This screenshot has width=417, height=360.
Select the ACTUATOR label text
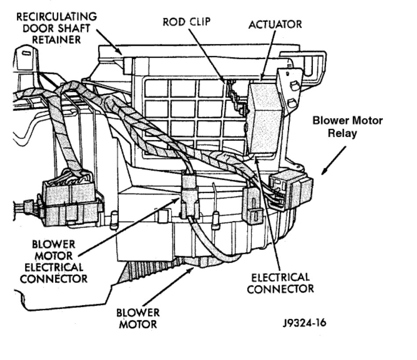pos(275,24)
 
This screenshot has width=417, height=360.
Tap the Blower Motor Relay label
pos(347,126)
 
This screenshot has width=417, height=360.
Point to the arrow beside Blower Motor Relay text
pos(333,160)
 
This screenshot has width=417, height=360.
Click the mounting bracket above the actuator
pos(292,88)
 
